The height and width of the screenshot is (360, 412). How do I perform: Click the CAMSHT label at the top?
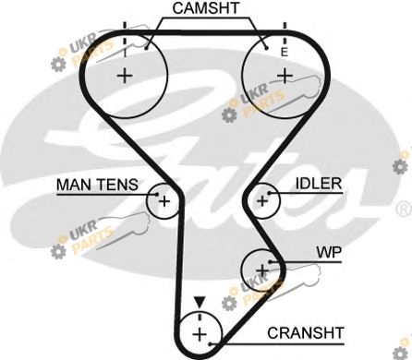[206, 8]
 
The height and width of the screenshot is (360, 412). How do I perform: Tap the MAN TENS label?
[97, 185]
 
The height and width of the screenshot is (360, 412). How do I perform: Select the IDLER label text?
[319, 184]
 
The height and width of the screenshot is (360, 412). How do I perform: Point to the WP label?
[329, 253]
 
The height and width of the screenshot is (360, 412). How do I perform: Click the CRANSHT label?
[306, 333]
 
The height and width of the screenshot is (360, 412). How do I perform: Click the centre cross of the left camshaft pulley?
[125, 76]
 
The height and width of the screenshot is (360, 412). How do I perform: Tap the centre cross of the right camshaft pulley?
[285, 76]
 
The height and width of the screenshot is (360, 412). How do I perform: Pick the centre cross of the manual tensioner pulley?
[164, 201]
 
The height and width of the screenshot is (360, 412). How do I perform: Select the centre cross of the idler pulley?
[262, 201]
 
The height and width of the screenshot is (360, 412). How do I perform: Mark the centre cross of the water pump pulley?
[262, 270]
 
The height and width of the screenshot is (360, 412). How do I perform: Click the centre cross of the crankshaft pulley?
[200, 334]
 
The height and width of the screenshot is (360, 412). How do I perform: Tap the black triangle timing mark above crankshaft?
[200, 302]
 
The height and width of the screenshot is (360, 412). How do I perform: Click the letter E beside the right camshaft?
[284, 52]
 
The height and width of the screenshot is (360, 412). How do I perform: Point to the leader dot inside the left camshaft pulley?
[147, 48]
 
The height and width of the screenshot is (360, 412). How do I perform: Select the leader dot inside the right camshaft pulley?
[267, 48]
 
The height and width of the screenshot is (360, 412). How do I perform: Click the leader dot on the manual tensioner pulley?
[157, 195]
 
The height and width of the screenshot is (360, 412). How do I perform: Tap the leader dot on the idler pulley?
[269, 193]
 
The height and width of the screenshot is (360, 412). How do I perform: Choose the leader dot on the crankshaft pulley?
[210, 343]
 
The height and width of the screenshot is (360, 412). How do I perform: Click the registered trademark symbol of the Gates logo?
[405, 209]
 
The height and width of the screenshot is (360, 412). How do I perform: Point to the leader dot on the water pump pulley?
[270, 262]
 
